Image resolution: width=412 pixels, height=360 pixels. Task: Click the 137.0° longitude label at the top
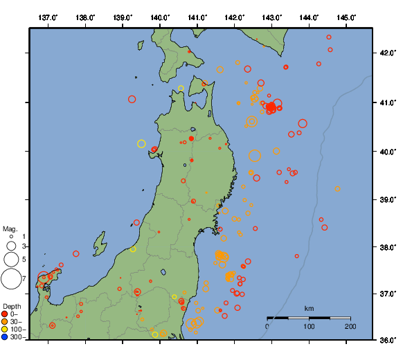pos(48,17)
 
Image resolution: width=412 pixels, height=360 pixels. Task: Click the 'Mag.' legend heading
pos(10,228)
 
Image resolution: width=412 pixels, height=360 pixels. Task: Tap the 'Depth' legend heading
pos(12,306)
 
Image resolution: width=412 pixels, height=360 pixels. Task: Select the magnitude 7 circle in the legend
pos(11,279)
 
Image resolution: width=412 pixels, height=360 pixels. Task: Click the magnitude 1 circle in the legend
pos(11,237)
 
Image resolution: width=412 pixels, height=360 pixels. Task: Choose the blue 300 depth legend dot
pos(5,337)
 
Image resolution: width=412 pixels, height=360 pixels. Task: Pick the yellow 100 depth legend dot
pos(5,330)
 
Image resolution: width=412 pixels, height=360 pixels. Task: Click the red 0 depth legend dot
pos(5,314)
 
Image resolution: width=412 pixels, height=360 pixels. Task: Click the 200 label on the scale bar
pos(350,326)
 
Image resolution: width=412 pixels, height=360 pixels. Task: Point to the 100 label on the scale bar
pos(309,326)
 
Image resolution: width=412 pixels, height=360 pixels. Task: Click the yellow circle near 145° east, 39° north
pos(337,188)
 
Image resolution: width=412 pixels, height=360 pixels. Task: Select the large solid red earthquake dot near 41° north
pos(271,107)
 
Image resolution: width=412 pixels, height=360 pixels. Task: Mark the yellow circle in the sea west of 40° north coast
pos(141,144)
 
